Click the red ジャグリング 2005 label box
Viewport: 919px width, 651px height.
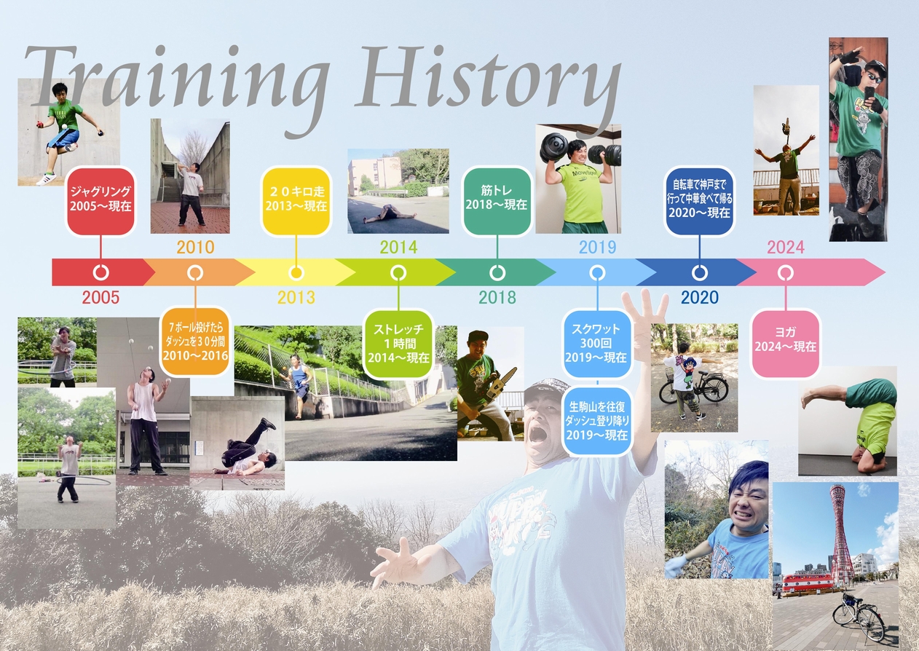[x=100, y=201]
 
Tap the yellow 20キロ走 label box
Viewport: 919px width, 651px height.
[x=296, y=201]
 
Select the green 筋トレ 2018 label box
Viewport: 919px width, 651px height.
[x=497, y=201]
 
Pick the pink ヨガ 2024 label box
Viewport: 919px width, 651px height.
[x=785, y=344]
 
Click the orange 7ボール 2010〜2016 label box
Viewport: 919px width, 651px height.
[x=195, y=342]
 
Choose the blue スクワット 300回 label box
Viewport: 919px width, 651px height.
[x=596, y=344]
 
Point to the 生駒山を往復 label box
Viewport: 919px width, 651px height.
[x=596, y=420]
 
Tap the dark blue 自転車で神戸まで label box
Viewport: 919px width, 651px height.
[x=699, y=201]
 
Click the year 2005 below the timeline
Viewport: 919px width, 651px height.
[x=100, y=297]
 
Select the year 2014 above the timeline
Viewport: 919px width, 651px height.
[x=398, y=248]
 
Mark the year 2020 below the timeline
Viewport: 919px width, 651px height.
[x=700, y=297]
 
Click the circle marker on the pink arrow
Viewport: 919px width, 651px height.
[x=785, y=272]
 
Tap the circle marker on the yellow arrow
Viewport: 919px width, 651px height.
[x=296, y=272]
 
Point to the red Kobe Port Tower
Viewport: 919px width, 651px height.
[x=841, y=532]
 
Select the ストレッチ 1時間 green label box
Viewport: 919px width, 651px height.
[x=398, y=344]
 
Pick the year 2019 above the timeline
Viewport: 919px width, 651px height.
[x=597, y=248]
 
